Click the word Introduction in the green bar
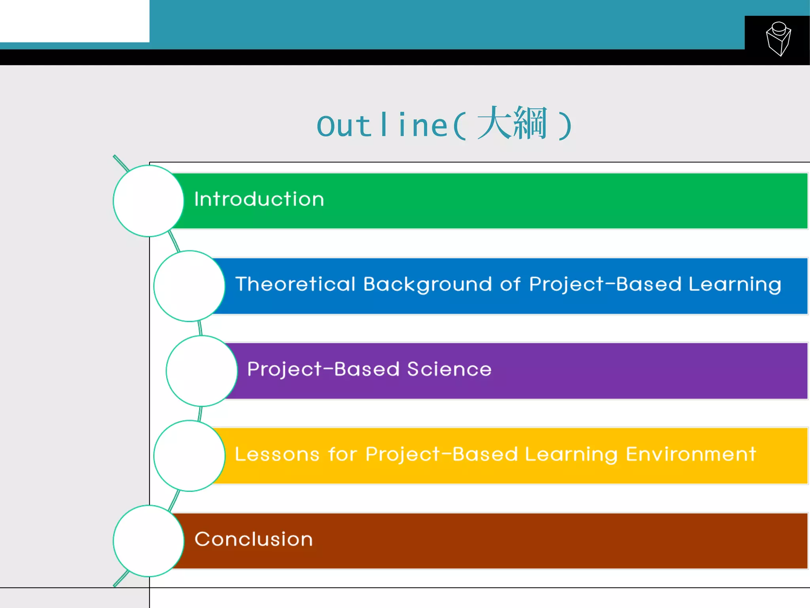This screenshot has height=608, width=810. pyautogui.click(x=259, y=199)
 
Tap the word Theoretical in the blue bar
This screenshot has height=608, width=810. pyautogui.click(x=295, y=284)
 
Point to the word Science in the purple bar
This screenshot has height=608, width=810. pyautogui.click(x=449, y=369)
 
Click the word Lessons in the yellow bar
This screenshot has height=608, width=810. pyautogui.click(x=277, y=454)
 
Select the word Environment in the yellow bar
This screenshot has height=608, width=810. pyautogui.click(x=691, y=454)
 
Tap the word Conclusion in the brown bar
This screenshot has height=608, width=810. pyautogui.click(x=254, y=539)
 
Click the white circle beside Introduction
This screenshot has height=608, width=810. pyautogui.click(x=148, y=201)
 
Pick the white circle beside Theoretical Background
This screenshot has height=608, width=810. pyautogui.click(x=189, y=286)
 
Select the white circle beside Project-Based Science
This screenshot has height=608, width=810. pyautogui.click(x=201, y=371)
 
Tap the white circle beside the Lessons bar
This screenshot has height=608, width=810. pyautogui.click(x=189, y=456)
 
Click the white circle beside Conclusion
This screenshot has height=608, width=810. pyautogui.click(x=148, y=541)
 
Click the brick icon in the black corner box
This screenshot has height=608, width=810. pyautogui.click(x=778, y=39)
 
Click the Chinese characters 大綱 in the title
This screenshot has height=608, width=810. pyautogui.click(x=512, y=123)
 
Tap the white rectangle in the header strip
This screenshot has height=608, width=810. pyautogui.click(x=74, y=21)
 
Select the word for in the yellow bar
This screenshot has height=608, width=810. pyautogui.click(x=343, y=454)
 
